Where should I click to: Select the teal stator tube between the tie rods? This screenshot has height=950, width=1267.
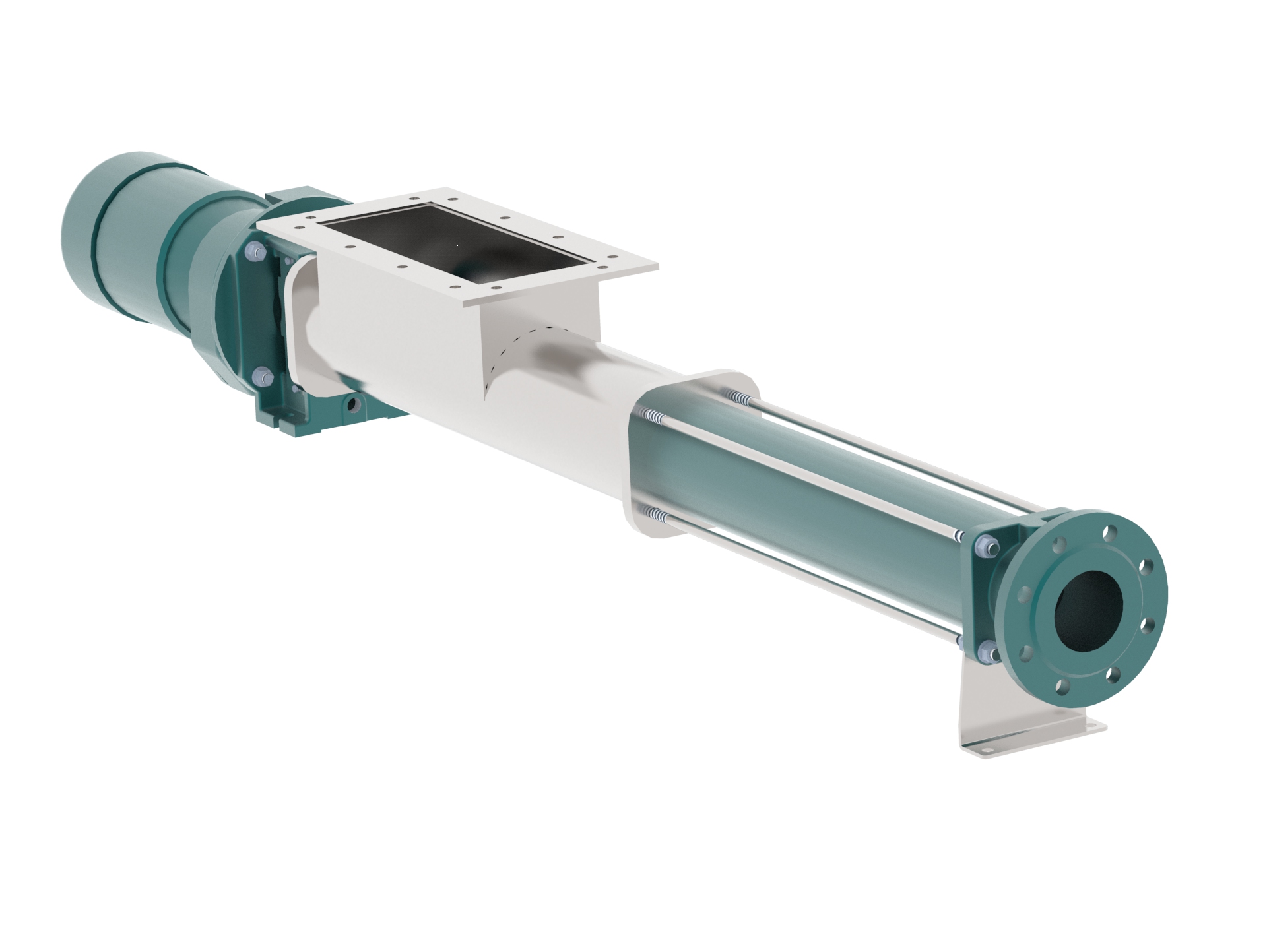point(792,488)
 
